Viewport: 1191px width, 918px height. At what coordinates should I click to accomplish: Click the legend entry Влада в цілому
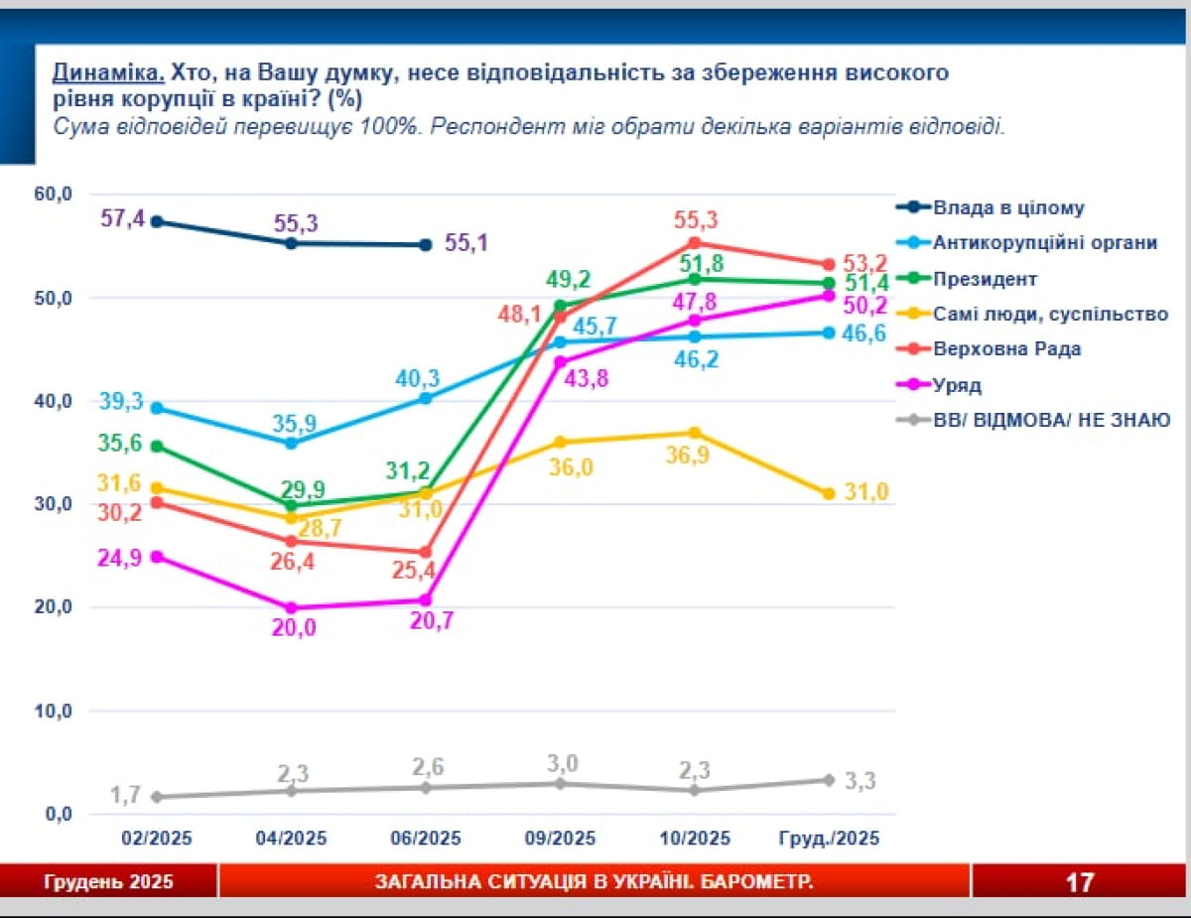(1008, 207)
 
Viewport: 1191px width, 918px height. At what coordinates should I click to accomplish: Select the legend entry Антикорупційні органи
(1045, 242)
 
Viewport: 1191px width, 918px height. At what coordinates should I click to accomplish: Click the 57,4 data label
(124, 217)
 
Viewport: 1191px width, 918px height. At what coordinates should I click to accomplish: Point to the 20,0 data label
(291, 627)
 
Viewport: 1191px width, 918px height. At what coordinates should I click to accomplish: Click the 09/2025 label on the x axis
(560, 839)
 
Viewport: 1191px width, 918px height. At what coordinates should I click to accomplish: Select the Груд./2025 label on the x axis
(829, 839)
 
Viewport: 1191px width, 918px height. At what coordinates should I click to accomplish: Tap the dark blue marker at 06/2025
(426, 244)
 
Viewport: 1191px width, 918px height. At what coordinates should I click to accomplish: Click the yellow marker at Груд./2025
(829, 493)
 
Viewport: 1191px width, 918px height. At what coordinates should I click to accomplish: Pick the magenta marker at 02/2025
(157, 557)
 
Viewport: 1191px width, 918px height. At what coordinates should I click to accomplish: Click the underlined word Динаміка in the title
(108, 72)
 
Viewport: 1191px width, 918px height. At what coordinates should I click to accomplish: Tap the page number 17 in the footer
(1080, 881)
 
